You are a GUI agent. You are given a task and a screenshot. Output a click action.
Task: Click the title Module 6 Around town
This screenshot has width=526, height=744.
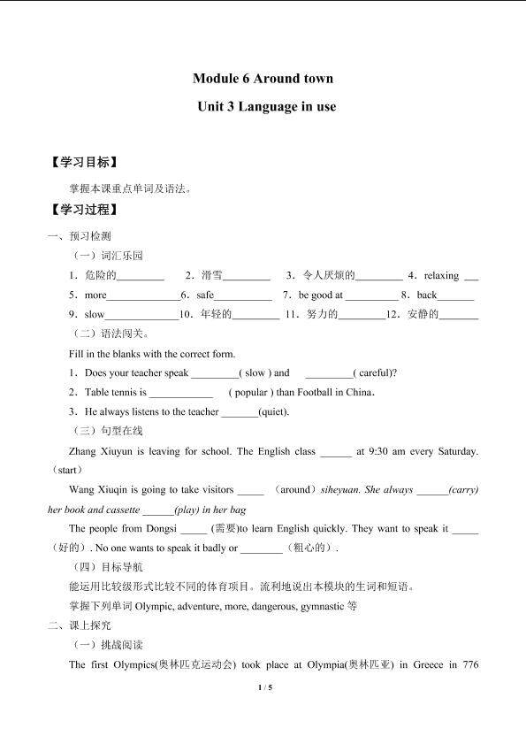[263, 78]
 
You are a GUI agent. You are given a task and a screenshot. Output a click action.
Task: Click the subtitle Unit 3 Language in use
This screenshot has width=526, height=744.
[263, 106]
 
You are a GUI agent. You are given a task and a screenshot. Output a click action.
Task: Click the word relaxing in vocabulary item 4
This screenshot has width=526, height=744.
[441, 275]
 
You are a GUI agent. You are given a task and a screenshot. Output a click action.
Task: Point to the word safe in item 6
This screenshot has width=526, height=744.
[205, 295]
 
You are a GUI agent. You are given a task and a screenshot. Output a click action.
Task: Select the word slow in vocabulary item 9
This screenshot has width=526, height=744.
[95, 314]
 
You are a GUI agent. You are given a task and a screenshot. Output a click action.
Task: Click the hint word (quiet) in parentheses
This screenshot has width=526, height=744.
[273, 411]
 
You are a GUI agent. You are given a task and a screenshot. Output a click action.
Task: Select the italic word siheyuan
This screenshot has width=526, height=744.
[341, 489]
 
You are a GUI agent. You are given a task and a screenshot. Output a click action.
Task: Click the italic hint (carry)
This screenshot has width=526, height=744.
[463, 489]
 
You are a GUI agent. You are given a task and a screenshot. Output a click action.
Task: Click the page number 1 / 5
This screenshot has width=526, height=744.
[263, 687]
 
